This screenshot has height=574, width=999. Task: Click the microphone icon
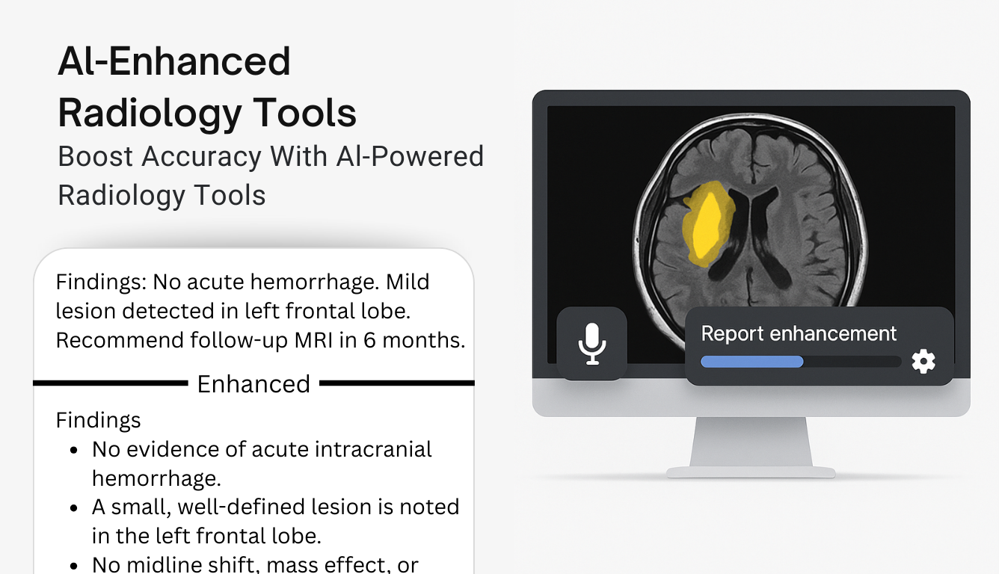click(591, 343)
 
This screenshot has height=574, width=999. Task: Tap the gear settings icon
click(923, 362)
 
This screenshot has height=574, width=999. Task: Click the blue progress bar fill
click(751, 362)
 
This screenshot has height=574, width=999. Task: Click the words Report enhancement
click(799, 333)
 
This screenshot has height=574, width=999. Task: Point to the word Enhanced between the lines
click(253, 383)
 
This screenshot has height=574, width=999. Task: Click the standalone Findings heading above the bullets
click(98, 420)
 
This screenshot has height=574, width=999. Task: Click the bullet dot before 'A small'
click(73, 508)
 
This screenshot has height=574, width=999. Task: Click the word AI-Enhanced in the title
click(174, 61)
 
